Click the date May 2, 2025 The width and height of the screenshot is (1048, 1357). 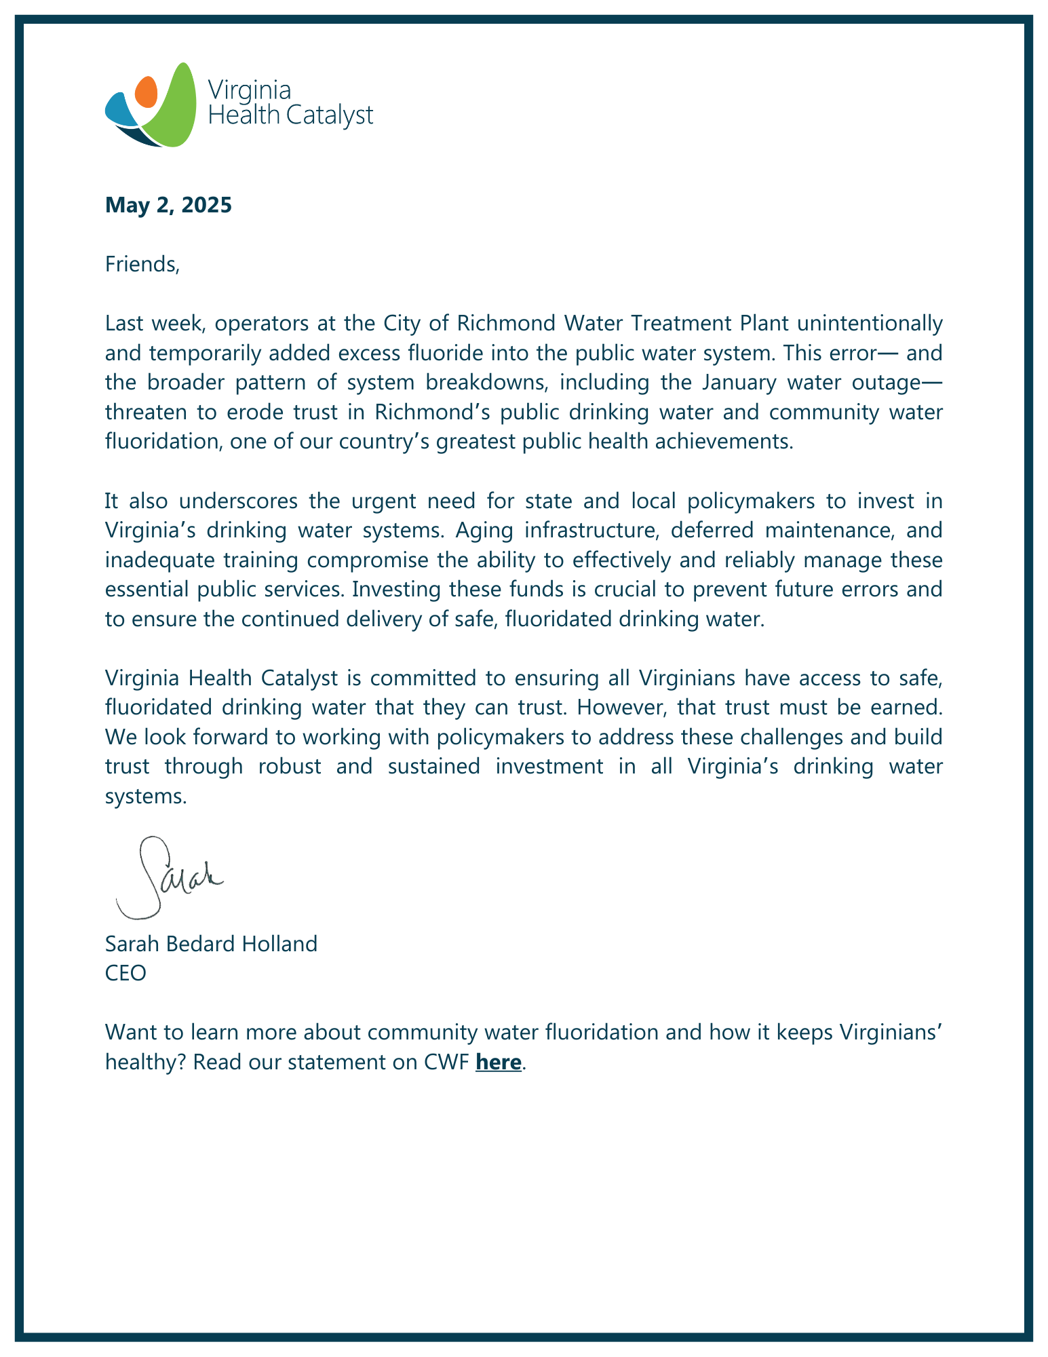[x=168, y=205]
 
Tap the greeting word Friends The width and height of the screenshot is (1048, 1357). [x=142, y=264]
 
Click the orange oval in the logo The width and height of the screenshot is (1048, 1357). [x=147, y=92]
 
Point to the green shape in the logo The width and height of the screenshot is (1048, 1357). [x=172, y=112]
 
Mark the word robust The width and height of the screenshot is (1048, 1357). [x=290, y=766]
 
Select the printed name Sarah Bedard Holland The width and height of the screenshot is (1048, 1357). [x=211, y=944]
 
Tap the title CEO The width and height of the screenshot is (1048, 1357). [x=125, y=974]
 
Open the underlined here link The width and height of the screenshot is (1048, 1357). [x=499, y=1062]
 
